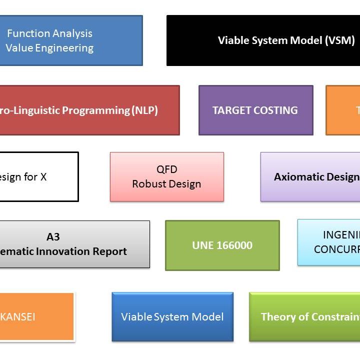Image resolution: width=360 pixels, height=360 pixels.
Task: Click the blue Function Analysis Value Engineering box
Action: tap(70, 40)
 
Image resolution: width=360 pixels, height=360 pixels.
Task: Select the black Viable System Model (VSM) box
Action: tap(263, 40)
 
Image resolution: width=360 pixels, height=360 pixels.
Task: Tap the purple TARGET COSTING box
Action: tap(255, 110)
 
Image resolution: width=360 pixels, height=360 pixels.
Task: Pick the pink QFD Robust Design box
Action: tap(166, 176)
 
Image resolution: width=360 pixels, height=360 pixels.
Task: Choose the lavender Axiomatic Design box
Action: tap(310, 176)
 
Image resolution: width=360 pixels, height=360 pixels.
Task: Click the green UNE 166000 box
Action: tap(222, 245)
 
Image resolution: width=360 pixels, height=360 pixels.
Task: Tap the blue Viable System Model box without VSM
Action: tap(172, 317)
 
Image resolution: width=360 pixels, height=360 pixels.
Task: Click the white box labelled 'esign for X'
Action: tap(38, 176)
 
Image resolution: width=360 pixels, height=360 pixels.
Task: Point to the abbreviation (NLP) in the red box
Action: tap(144, 110)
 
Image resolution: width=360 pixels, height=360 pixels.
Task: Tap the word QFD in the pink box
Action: tap(166, 169)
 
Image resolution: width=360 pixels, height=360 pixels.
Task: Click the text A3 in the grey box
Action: tap(53, 237)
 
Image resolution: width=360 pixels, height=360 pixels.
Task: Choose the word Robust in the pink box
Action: tap(148, 184)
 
